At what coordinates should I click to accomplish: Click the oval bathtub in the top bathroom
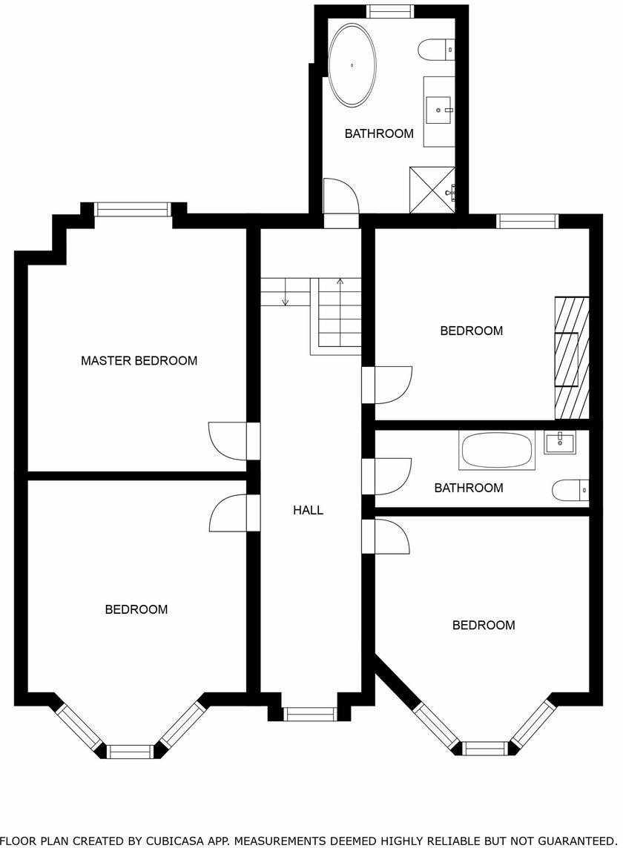coord(352,65)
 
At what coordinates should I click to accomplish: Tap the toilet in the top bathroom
coord(435,50)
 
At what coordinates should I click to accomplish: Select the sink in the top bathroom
coord(439,110)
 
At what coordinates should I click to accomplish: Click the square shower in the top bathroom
coord(432,190)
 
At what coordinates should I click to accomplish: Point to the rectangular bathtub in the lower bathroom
coord(496,450)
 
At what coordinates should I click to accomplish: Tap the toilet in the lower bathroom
coord(570,490)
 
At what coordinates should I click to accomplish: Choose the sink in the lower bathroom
coord(559,443)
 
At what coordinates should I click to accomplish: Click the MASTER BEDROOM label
coord(139,361)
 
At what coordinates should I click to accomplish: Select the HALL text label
coord(308,510)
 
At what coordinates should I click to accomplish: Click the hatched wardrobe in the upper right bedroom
coord(572,358)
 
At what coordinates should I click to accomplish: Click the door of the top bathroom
coord(342,199)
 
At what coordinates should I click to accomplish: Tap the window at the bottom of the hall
coord(310,715)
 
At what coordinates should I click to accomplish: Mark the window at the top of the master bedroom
coord(133,210)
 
